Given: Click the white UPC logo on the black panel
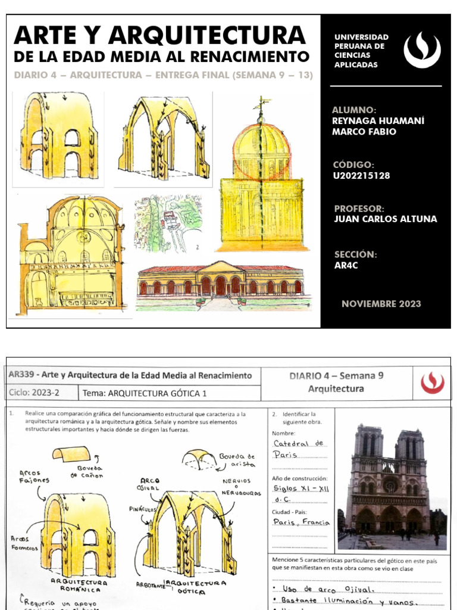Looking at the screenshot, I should tap(422, 50).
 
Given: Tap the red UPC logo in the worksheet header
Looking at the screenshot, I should tap(432, 382).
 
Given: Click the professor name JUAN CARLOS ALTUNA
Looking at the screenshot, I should tap(386, 219).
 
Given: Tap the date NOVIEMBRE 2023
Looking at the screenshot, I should tap(381, 304).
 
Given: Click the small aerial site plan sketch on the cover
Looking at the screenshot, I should tap(168, 223).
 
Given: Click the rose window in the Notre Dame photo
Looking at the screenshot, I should tap(390, 485).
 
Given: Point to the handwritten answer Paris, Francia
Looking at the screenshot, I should tap(302, 522).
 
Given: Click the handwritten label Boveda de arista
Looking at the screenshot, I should tap(237, 459).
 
